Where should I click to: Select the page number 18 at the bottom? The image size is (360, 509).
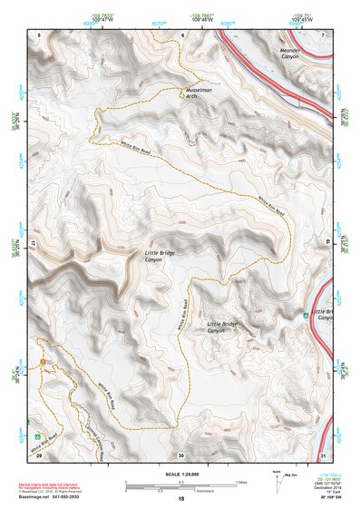[x=180, y=499]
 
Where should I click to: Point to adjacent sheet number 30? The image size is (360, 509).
[x=180, y=455]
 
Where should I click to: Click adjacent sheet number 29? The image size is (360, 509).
[x=40, y=455]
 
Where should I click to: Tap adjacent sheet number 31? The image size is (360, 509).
[x=323, y=455]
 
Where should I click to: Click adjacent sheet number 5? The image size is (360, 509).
[x=40, y=34]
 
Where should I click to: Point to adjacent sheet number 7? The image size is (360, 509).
[x=323, y=34]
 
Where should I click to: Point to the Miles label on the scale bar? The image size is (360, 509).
[x=240, y=482]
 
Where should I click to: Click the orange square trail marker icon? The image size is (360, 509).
[x=43, y=363]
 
